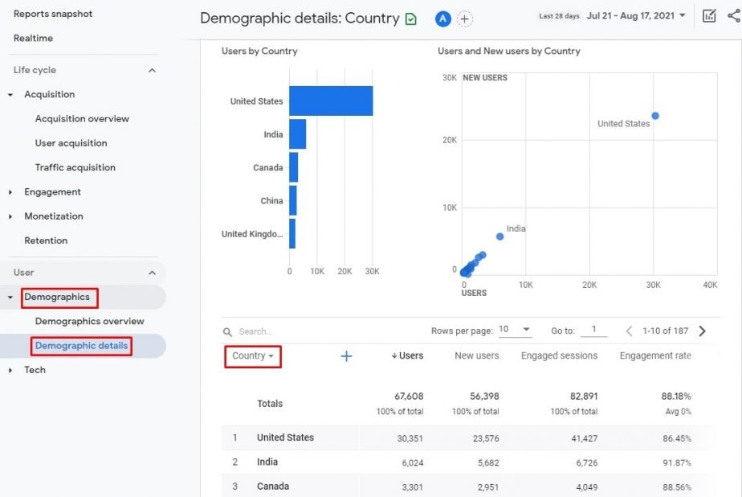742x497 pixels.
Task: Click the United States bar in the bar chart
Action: click(331, 101)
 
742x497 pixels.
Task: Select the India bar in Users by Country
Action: click(298, 134)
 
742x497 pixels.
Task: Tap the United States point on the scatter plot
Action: click(655, 116)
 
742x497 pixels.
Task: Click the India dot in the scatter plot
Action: click(499, 236)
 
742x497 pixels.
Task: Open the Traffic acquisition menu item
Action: click(75, 167)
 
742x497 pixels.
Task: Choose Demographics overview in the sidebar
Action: click(89, 321)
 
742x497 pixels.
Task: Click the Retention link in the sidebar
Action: click(46, 240)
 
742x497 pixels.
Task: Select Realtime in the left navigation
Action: click(33, 38)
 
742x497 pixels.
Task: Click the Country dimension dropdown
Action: click(253, 355)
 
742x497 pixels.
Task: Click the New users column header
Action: click(476, 355)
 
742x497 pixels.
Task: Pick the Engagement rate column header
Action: click(654, 355)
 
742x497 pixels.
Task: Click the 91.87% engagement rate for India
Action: click(675, 462)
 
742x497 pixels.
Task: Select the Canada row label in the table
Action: click(273, 487)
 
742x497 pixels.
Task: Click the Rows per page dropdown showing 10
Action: click(515, 330)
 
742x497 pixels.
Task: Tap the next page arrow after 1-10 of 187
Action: click(703, 331)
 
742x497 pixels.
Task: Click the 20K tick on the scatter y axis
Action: click(449, 140)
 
